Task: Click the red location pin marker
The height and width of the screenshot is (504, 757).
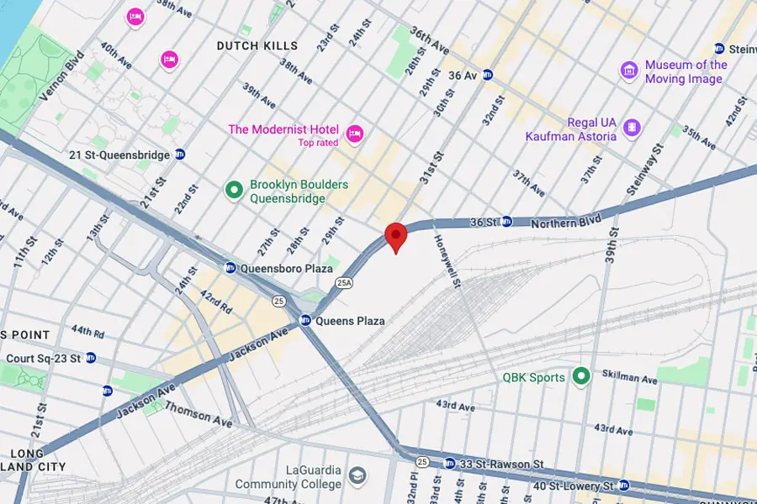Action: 395,236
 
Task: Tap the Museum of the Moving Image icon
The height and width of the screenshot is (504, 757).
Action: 629,71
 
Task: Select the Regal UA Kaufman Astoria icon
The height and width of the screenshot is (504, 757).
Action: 632,128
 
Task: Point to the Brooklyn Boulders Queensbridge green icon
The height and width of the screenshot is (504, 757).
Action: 235,191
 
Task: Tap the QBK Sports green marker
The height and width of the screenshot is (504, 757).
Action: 580,376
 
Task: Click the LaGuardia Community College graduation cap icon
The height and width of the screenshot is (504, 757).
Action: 357,475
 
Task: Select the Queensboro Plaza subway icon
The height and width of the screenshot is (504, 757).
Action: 230,268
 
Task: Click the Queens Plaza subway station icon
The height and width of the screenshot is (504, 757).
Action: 306,320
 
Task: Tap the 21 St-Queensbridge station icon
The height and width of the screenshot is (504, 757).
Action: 179,155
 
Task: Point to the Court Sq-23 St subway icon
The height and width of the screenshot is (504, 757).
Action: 91,358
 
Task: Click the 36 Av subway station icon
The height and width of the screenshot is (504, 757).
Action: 487,75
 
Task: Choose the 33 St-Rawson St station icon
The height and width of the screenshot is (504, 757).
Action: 449,463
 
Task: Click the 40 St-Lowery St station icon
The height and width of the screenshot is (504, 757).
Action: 623,486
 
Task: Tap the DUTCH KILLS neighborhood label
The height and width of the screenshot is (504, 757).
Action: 257,45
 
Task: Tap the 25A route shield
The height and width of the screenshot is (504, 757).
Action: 343,281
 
